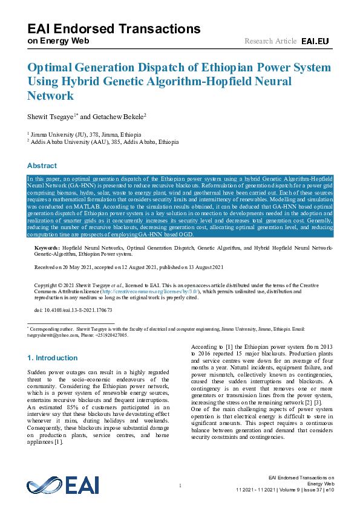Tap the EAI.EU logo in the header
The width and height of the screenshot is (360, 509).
[315, 41]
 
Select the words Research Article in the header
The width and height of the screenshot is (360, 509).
[270, 41]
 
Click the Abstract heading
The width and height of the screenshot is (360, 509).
[42, 166]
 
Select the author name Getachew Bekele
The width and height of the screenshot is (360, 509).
[120, 116]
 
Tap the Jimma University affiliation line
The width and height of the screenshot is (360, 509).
[85, 134]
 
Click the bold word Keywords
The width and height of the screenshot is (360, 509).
[46, 248]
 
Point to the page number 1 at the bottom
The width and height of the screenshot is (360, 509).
[180, 487]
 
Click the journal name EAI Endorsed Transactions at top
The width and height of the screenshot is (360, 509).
[114, 28]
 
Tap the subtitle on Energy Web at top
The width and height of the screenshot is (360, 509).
[58, 41]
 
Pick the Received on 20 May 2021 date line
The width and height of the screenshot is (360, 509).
[129, 267]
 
